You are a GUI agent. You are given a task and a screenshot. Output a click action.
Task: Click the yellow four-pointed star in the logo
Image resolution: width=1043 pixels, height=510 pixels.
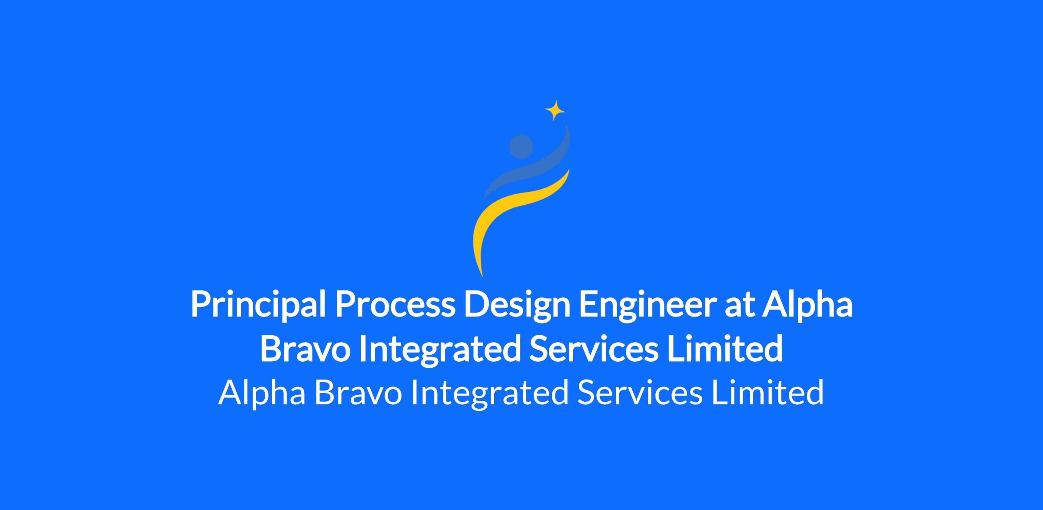tap(555, 110)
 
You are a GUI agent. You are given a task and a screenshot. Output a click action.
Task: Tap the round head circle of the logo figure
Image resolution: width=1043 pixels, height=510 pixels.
tap(521, 147)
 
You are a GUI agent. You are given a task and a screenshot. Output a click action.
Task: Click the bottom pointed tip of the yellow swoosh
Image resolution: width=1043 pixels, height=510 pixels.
tap(482, 277)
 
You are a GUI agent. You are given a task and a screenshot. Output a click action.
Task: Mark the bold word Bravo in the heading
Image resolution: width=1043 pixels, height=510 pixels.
tap(305, 349)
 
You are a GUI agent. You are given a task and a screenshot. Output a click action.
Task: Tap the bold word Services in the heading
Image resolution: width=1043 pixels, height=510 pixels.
tap(594, 349)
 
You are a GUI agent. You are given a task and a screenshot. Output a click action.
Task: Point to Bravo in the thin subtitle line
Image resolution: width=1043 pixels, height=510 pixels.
tap(358, 393)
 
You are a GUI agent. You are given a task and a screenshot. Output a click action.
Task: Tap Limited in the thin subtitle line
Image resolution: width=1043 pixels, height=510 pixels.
tap(767, 392)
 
